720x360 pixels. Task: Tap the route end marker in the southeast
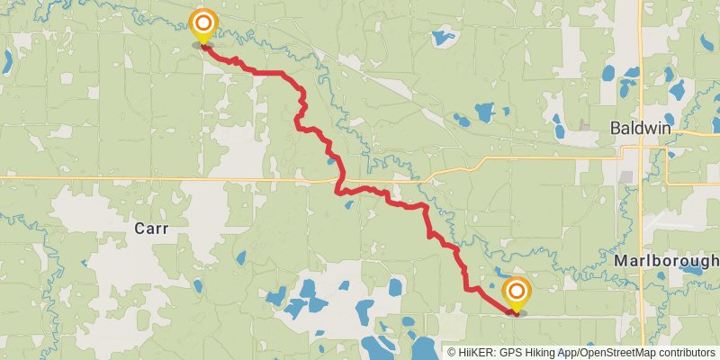pos(517,293)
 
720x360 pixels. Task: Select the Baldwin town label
pos(640,129)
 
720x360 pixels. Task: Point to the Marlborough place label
pos(667,260)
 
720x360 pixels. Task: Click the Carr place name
pos(151,229)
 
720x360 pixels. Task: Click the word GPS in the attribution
pos(509,353)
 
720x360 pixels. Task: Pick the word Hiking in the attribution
pos(539,353)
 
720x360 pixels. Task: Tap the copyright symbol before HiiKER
pos(452,353)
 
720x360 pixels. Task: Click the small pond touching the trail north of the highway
pos(332,161)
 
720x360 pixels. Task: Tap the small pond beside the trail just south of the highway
pos(348,203)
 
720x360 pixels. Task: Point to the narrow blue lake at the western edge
pos(6,61)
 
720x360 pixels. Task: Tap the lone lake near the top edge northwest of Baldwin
pos(442,38)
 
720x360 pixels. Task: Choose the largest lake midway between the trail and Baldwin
pos(484,112)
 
